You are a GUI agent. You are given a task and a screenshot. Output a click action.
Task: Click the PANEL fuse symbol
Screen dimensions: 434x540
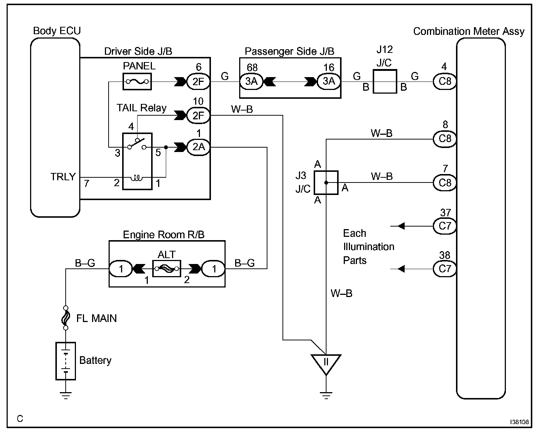137,82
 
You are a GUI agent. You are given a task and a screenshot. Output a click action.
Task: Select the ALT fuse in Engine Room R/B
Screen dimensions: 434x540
167,269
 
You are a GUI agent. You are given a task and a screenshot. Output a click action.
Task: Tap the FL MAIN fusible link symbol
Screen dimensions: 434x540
66,318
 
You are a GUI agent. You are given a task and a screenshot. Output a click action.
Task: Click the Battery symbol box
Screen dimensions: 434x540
66,361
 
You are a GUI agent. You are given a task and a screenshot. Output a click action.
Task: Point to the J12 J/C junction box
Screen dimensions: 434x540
385,81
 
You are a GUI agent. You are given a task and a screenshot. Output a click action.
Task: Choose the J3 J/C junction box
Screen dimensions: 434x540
326,182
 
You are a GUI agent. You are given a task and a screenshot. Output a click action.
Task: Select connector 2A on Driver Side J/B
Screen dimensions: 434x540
198,147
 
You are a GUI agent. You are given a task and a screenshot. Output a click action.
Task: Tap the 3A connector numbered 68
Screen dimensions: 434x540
252,81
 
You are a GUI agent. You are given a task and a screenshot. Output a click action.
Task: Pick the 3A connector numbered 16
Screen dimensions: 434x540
329,81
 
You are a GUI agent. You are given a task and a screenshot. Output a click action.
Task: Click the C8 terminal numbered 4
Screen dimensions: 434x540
445,81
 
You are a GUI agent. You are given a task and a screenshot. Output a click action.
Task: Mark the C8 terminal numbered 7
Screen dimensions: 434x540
445,182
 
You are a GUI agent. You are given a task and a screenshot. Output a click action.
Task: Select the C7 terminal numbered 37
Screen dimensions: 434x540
445,226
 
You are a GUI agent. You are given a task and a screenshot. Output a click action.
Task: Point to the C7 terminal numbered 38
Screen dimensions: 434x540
445,269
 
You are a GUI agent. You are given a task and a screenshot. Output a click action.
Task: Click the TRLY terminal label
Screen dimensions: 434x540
63,177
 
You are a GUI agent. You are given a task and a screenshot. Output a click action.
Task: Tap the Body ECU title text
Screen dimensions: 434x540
57,31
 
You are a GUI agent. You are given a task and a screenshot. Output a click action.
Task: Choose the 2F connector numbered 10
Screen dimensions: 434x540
198,116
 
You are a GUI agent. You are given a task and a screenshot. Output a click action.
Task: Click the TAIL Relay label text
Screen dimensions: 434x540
141,108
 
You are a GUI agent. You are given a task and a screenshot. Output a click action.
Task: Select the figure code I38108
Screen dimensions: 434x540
519,422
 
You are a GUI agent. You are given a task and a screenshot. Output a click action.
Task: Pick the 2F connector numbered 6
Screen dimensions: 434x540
198,82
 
